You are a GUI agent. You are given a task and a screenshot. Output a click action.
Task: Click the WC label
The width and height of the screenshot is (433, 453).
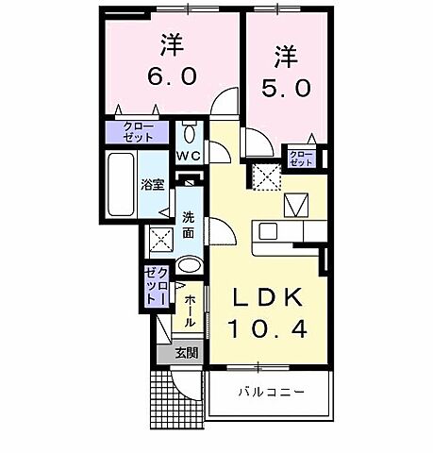click(188, 156)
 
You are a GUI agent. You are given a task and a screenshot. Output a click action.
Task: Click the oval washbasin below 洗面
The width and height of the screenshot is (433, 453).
click(188, 265)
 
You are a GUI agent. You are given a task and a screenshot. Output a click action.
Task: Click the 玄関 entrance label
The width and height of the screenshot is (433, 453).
click(187, 354)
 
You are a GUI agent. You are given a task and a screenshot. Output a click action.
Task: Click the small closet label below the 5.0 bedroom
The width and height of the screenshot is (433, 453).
click(302, 158)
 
